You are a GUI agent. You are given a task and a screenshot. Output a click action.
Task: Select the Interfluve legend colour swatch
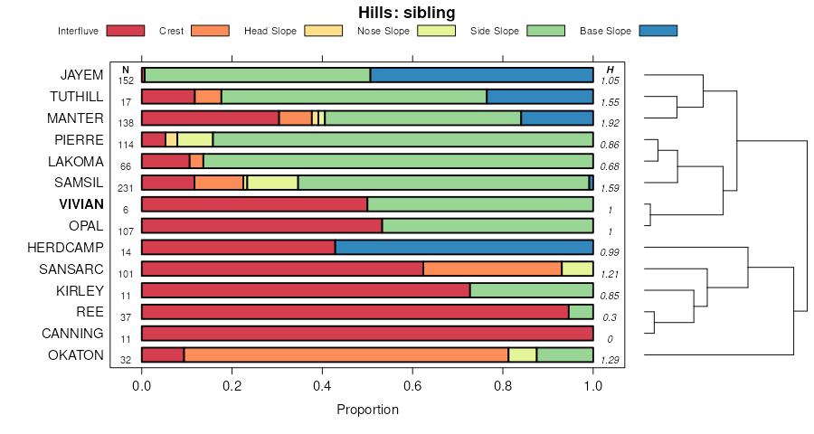(126, 31)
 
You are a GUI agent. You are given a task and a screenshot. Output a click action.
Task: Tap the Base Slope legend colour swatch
(658, 31)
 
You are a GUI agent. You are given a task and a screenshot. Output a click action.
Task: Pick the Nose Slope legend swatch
(436, 31)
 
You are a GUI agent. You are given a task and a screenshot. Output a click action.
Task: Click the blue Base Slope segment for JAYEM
(481, 75)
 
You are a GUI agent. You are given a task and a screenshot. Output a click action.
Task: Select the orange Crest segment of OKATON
(345, 355)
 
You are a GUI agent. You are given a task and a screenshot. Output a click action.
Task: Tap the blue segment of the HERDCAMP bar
(464, 247)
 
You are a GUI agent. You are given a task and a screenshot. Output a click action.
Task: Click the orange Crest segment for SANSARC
(492, 269)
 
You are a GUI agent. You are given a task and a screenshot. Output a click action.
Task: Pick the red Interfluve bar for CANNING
(367, 334)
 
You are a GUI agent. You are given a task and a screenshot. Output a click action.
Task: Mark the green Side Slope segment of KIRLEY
(531, 290)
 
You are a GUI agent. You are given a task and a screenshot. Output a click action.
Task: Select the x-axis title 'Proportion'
(367, 410)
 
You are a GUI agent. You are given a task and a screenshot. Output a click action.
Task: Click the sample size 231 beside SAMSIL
(126, 188)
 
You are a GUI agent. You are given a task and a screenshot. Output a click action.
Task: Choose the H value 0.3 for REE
(610, 317)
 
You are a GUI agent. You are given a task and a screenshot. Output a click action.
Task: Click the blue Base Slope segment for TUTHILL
(539, 97)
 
